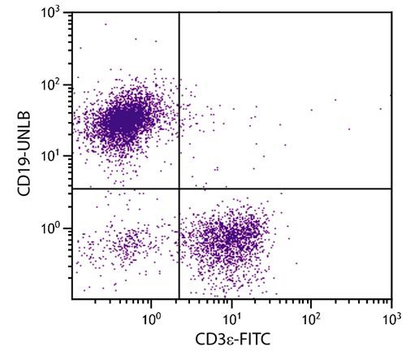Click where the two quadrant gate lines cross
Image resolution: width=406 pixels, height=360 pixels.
(179, 189)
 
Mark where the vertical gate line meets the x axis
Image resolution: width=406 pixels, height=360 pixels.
(179, 299)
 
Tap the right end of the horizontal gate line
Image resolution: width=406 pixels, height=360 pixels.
(392, 189)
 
